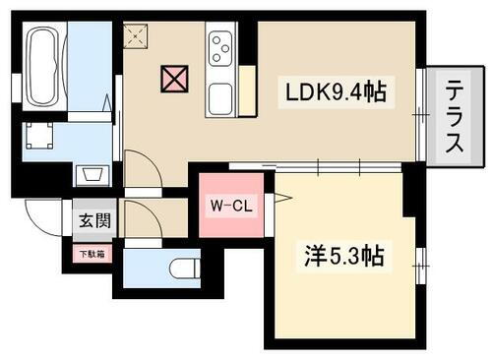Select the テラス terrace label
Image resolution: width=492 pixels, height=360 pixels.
pyautogui.click(x=454, y=116)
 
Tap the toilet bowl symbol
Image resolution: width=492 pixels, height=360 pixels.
pyautogui.click(x=181, y=267)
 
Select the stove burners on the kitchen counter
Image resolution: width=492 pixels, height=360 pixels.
pyautogui.click(x=219, y=46)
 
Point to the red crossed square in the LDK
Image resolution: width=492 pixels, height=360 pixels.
pyautogui.click(x=173, y=78)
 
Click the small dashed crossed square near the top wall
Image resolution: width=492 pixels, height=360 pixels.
pyautogui.click(x=134, y=36)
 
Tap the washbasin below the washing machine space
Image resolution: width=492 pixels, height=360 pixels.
pyautogui.click(x=92, y=175)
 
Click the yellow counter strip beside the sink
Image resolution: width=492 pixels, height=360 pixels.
pyautogui.click(x=247, y=90)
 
